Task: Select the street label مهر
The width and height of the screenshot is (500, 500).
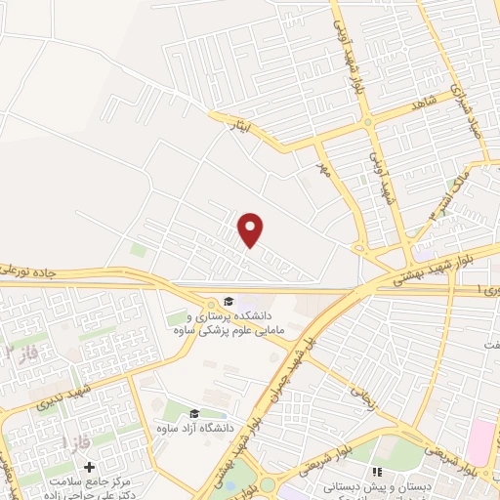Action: (x=320, y=169)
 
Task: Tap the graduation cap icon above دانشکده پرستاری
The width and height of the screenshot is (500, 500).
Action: (x=228, y=302)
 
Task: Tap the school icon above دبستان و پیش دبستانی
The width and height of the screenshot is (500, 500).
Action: (x=378, y=472)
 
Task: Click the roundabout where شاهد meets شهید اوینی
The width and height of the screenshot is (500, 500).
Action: (x=368, y=121)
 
